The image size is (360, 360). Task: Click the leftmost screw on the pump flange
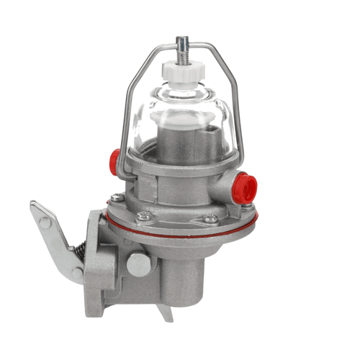point(117,197)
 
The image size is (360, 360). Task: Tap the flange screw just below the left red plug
point(145,214)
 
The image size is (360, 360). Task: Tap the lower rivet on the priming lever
point(77,273)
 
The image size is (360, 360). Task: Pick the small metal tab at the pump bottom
point(168,313)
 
